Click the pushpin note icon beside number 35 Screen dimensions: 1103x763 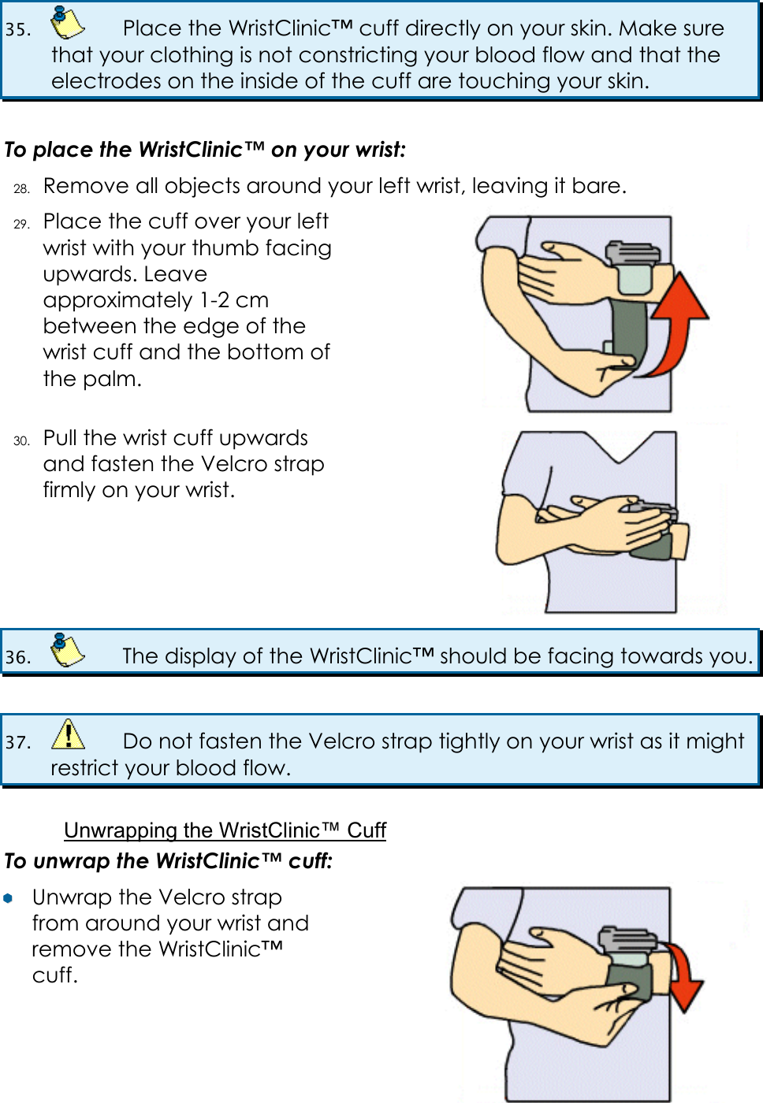coord(67,24)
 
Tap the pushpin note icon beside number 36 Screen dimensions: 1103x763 coord(67,651)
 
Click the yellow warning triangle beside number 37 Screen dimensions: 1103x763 coord(69,735)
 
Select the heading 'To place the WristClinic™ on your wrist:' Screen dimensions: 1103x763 coord(205,150)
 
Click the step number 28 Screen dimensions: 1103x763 coord(22,188)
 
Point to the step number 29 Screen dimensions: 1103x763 coord(22,224)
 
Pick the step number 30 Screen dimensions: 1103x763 coord(22,440)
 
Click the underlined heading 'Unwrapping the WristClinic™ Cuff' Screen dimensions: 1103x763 coord(225,830)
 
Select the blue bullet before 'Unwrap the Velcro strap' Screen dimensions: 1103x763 coord(8,898)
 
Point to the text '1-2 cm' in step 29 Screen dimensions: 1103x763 coord(234,300)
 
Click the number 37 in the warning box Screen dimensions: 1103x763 coord(17,742)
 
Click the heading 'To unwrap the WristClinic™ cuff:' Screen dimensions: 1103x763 coord(168,861)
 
